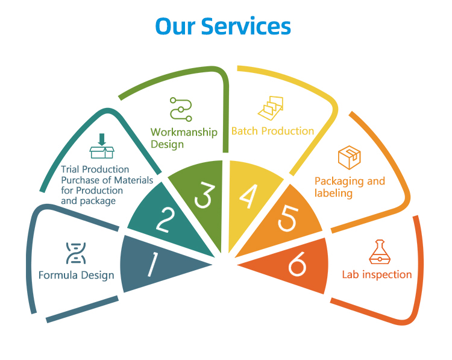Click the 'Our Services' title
[x=223, y=26]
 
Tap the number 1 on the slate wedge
[x=153, y=264]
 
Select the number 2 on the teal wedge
[x=166, y=220]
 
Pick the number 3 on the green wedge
[x=205, y=195]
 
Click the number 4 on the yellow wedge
[x=248, y=196]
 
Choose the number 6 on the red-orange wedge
[x=297, y=264]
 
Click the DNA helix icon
[x=76, y=253]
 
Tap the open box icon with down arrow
[x=102, y=146]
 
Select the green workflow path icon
[x=181, y=109]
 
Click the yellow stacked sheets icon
[x=271, y=108]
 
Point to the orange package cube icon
[x=350, y=157]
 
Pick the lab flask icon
[x=380, y=252]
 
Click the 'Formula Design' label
[x=77, y=275]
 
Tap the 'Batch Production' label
[x=272, y=131]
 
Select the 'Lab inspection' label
[x=377, y=274]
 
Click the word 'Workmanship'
[x=184, y=132]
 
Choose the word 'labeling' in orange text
[x=333, y=194]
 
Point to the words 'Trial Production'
[x=95, y=169]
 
